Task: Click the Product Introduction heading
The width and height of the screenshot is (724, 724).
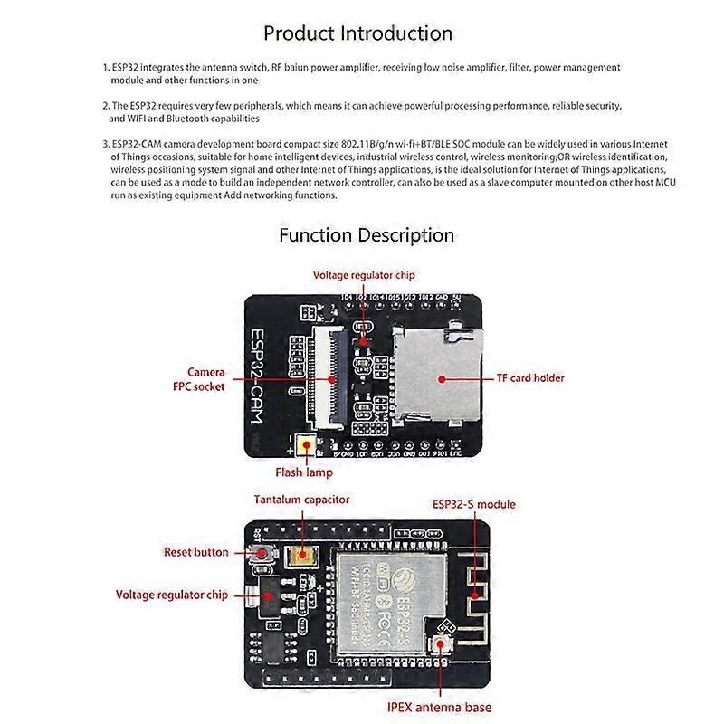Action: point(357,33)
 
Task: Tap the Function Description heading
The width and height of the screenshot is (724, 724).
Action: point(367,235)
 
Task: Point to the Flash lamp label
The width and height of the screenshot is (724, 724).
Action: point(304,472)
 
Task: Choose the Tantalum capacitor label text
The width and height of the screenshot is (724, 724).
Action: point(301,500)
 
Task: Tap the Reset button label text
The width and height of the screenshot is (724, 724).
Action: point(195,552)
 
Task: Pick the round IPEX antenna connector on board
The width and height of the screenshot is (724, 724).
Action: point(443,643)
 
